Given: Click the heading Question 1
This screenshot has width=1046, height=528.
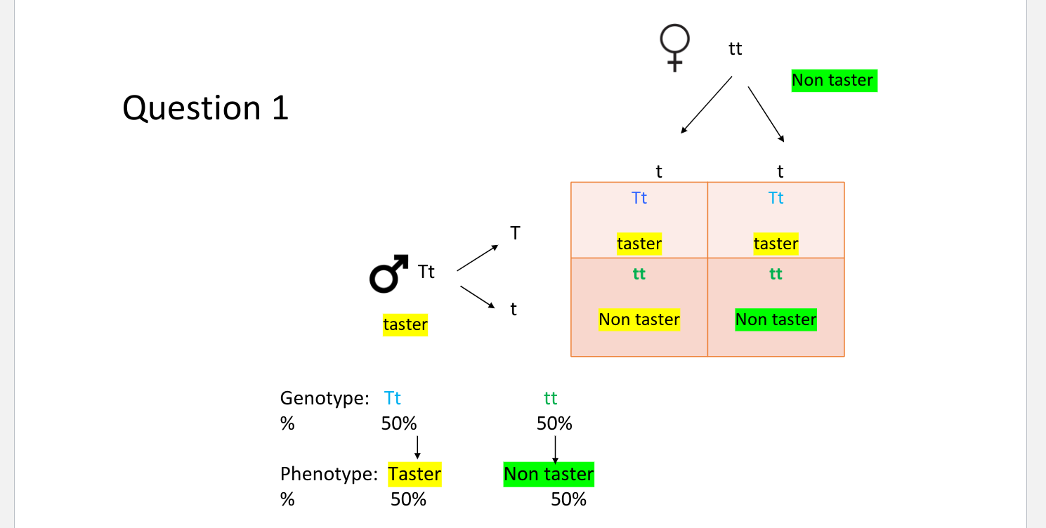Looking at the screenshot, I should click(x=205, y=108).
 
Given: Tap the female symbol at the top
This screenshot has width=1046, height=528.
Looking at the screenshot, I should click(x=674, y=48).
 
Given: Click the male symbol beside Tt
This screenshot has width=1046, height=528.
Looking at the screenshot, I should click(x=388, y=273).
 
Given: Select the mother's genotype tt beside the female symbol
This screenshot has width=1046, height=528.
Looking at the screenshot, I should click(x=735, y=48).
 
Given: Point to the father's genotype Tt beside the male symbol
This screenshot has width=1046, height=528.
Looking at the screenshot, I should click(x=426, y=272).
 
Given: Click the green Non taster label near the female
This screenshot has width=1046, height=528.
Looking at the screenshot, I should click(x=832, y=81).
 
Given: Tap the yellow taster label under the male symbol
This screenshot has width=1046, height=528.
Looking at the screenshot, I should click(x=405, y=325).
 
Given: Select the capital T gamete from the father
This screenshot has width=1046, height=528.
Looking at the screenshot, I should click(x=515, y=233).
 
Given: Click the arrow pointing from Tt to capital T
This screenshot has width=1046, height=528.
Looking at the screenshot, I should click(x=478, y=258).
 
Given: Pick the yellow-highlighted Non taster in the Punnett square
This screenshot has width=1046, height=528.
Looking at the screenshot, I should click(x=639, y=320).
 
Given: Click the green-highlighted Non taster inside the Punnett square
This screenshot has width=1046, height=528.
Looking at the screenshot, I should click(x=776, y=320).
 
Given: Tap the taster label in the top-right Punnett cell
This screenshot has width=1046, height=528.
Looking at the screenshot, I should click(x=776, y=244).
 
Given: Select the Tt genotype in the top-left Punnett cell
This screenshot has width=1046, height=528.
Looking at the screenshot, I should click(x=639, y=198).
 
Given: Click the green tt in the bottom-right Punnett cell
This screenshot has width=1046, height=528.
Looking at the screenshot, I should click(x=776, y=274).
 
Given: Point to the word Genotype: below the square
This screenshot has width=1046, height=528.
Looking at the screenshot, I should click(x=325, y=399).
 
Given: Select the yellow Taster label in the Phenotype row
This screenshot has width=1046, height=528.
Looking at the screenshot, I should click(x=414, y=474).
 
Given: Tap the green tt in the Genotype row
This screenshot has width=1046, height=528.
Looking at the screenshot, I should click(x=550, y=399).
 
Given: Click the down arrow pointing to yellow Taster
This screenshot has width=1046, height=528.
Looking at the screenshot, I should click(x=417, y=447).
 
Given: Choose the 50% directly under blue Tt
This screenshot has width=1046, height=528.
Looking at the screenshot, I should click(x=399, y=424).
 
